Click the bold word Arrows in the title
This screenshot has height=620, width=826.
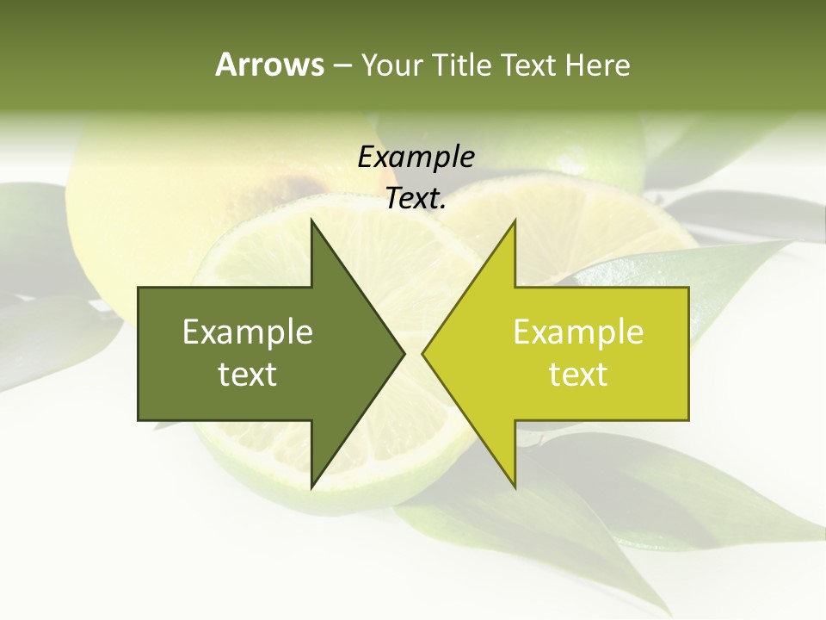pyautogui.click(x=269, y=65)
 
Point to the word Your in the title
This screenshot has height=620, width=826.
pyautogui.click(x=391, y=65)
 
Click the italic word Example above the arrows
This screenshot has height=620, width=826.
pyautogui.click(x=416, y=157)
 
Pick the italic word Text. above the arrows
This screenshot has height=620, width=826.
pyautogui.click(x=416, y=198)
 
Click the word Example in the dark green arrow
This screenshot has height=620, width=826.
pyautogui.click(x=248, y=332)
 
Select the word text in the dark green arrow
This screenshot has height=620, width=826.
pyautogui.click(x=248, y=374)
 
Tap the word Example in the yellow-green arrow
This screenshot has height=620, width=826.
pyautogui.click(x=578, y=332)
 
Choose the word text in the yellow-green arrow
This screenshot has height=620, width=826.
pyautogui.click(x=578, y=374)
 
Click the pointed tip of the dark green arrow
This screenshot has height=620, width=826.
pyautogui.click(x=404, y=353)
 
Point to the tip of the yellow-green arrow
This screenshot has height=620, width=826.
pyautogui.click(x=422, y=353)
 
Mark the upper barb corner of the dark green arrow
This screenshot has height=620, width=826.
pyautogui.click(x=311, y=220)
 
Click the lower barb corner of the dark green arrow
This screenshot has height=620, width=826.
pyautogui.click(x=311, y=487)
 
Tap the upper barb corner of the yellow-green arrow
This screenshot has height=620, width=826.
pyautogui.click(x=515, y=220)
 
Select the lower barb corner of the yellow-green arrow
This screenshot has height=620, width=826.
pyautogui.click(x=515, y=487)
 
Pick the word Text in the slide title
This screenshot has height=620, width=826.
pyautogui.click(x=528, y=65)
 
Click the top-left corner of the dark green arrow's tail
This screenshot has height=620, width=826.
pyautogui.click(x=139, y=288)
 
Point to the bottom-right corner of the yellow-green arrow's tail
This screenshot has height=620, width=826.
pyautogui.click(x=688, y=419)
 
